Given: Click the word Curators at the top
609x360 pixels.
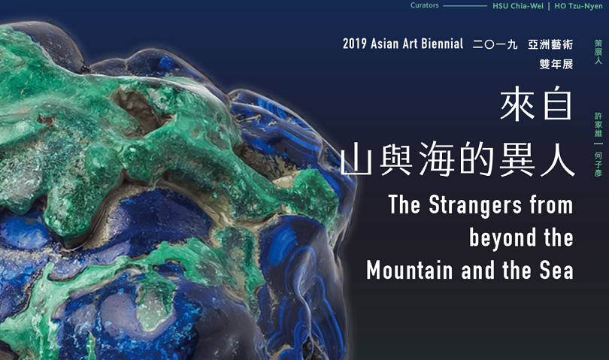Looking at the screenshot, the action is coord(425,5).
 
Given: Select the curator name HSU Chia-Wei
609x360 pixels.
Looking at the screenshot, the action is coord(518,6).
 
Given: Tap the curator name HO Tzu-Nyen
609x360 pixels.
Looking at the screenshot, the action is coord(578,6).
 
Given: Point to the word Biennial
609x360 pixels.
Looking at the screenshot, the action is coord(442,44).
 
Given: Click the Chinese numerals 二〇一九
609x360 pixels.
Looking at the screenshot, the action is coord(495,44).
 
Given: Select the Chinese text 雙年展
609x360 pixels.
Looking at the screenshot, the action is coord(556,64).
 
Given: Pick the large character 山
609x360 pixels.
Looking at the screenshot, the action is coord(357,159).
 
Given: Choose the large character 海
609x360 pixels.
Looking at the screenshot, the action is coord(438,159).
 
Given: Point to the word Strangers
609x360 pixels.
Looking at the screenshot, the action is coord(475,204).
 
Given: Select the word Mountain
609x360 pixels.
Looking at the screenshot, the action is coord(411,270).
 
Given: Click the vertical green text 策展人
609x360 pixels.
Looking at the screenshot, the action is coord(598,52).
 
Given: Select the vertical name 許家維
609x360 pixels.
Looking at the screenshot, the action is coord(598,125).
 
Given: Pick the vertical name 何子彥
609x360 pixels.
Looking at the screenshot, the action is coord(598,164).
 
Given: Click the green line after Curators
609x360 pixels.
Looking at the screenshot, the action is coord(465,6).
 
